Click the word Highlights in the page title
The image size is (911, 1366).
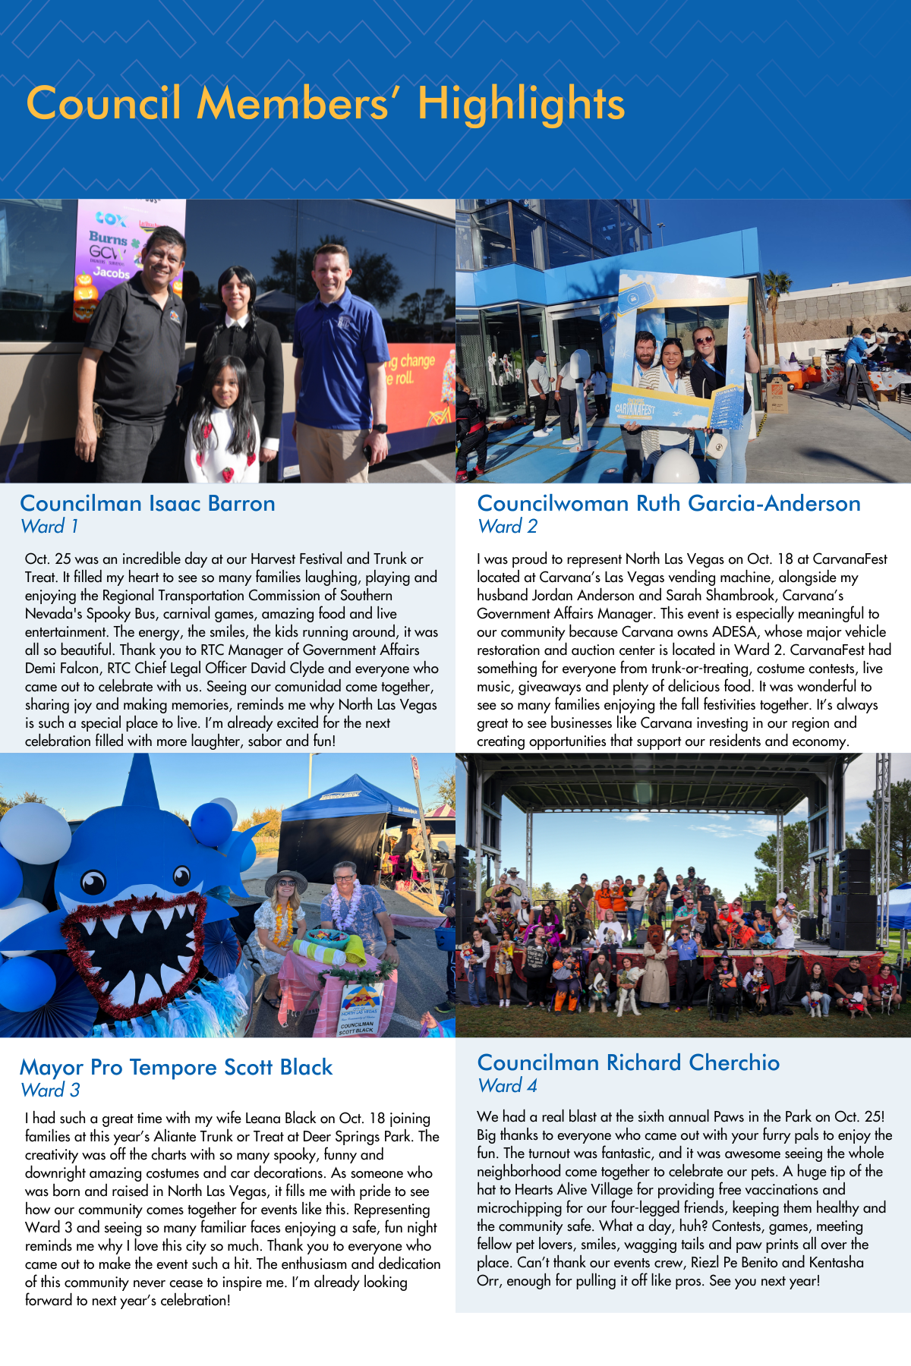pyautogui.click(x=521, y=104)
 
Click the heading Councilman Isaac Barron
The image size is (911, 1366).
pyautogui.click(x=147, y=503)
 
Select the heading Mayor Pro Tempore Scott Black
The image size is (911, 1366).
pyautogui.click(x=176, y=1067)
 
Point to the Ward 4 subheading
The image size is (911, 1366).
pyautogui.click(x=507, y=1085)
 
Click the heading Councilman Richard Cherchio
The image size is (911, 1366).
pyautogui.click(x=628, y=1062)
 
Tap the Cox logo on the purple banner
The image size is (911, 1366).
pyautogui.click(x=111, y=219)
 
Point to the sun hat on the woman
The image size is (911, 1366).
pyautogui.click(x=286, y=880)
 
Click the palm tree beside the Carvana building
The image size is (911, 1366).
pyautogui.click(x=775, y=304)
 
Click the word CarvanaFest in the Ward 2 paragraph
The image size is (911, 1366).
pyautogui.click(x=849, y=559)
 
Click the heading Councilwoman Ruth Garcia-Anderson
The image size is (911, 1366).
pyautogui.click(x=668, y=503)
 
